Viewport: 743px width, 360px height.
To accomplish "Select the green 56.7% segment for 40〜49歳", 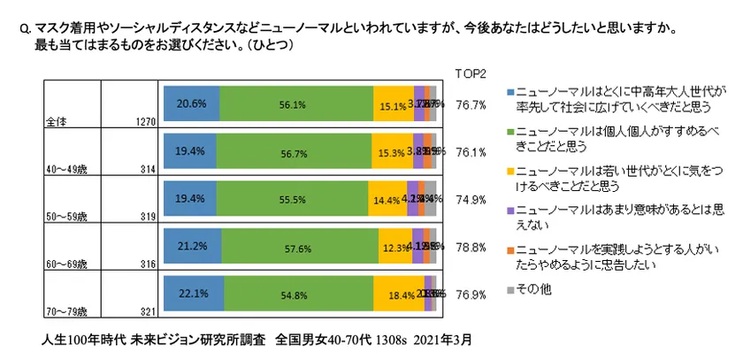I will pyautogui.click(x=293, y=150).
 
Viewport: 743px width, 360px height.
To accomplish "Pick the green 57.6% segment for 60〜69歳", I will pyautogui.click(x=299, y=246).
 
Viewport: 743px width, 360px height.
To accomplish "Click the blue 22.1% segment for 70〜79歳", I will pyautogui.click(x=193, y=293).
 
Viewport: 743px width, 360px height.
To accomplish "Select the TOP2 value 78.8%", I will pyautogui.click(x=471, y=247).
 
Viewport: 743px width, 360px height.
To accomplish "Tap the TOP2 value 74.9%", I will pyautogui.click(x=471, y=199).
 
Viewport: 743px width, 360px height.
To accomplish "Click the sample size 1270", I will pyautogui.click(x=145, y=121).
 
